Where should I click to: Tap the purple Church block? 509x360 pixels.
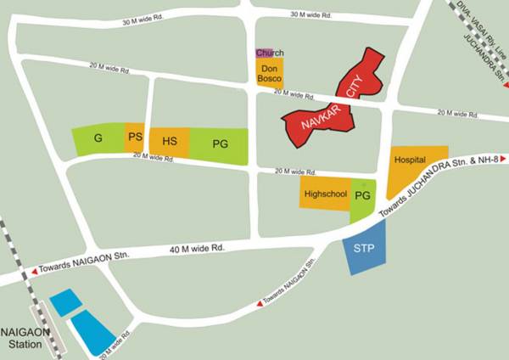tap(265, 53)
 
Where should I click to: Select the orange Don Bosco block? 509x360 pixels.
tap(270, 72)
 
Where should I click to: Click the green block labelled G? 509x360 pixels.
tap(98, 139)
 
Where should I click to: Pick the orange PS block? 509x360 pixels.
tap(134, 138)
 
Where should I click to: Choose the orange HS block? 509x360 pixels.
tap(169, 141)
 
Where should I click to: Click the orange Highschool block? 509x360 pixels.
tap(325, 194)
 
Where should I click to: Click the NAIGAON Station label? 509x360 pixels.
tap(25, 338)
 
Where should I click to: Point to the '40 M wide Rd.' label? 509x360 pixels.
tap(197, 249)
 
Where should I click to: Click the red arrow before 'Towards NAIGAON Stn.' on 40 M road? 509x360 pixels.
tap(35, 271)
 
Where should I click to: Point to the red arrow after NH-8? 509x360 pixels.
tap(504, 159)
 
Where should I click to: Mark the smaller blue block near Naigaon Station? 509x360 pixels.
tap(64, 301)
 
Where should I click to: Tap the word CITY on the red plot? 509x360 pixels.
tap(355, 82)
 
